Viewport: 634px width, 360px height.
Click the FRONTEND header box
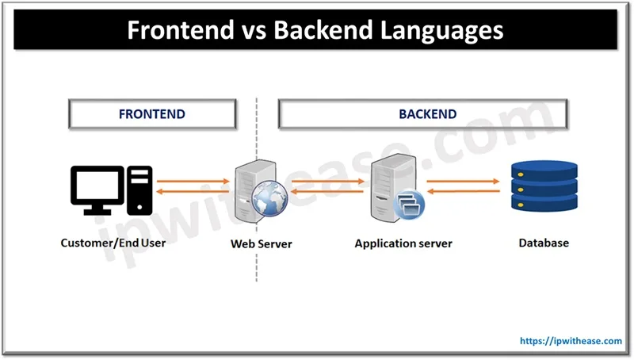click(x=152, y=114)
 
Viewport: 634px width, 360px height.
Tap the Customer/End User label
click(x=113, y=243)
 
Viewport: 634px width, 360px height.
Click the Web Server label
click(x=261, y=243)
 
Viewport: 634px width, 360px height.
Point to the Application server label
click(x=403, y=243)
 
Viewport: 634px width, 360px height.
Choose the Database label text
click(x=544, y=243)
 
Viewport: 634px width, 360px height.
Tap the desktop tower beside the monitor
click(x=139, y=190)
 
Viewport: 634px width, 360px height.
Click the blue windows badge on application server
click(x=409, y=205)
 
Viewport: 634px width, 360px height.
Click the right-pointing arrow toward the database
click(x=464, y=180)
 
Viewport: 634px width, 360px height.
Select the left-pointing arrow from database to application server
click(x=464, y=191)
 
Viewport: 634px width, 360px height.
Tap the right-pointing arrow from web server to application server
click(x=327, y=180)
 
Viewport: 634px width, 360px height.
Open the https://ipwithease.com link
click(x=571, y=341)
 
